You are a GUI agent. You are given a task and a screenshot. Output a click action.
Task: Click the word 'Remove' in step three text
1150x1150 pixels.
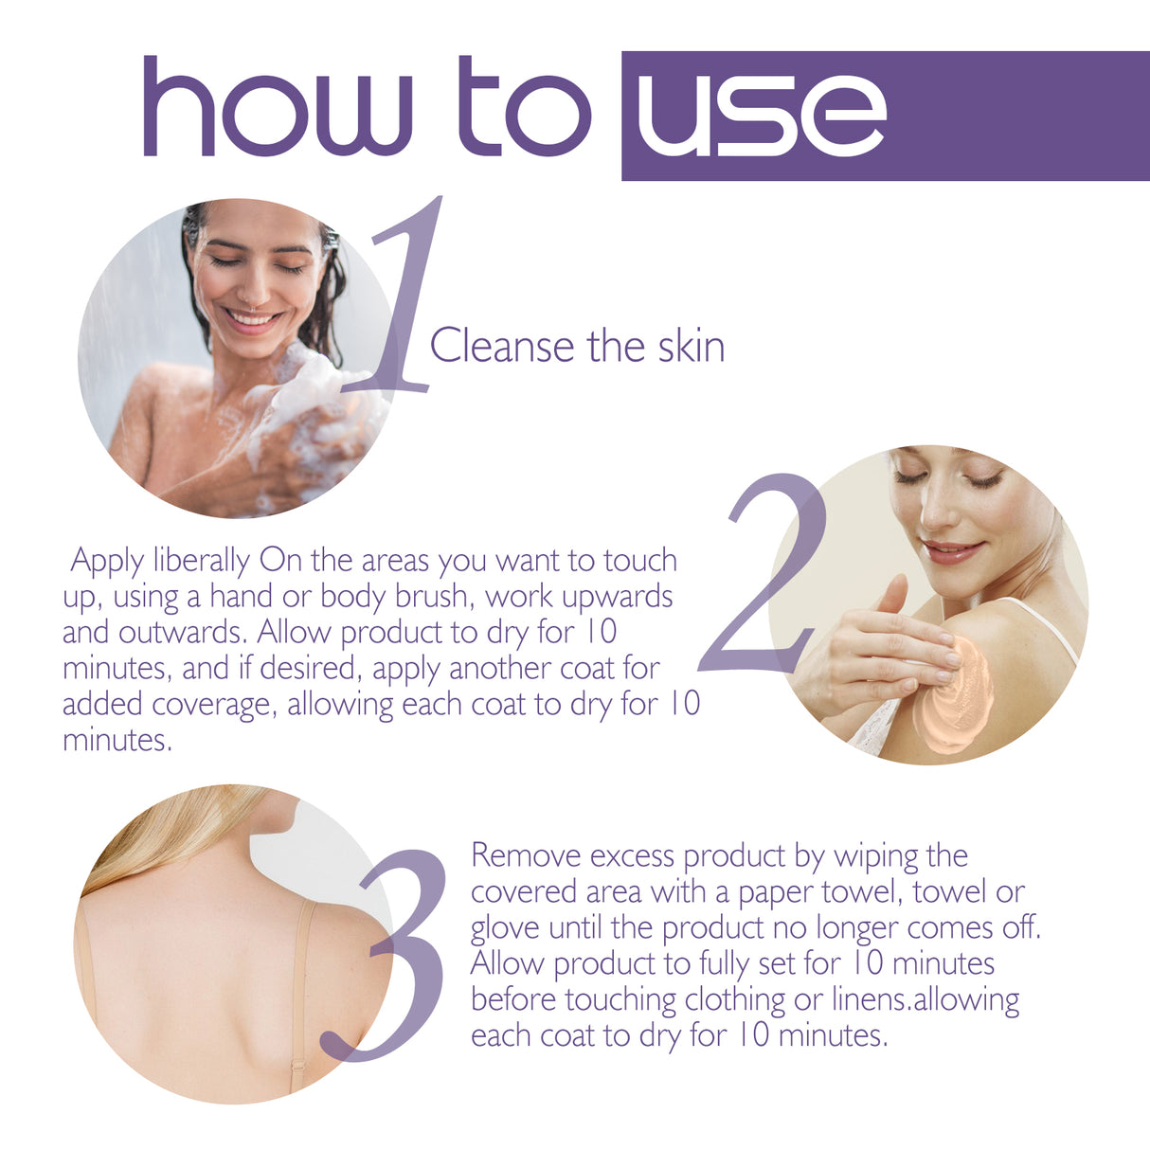tap(527, 855)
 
